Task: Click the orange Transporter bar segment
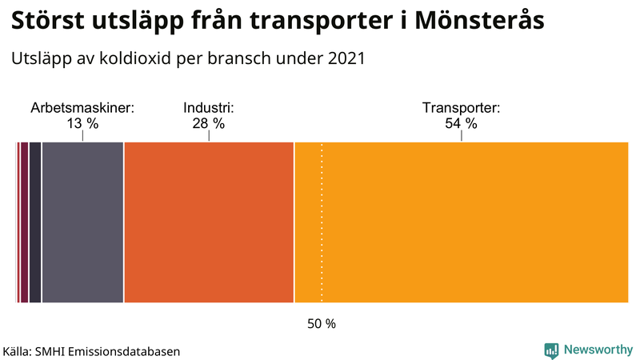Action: coord(472,222)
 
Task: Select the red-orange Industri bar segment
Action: coord(209,222)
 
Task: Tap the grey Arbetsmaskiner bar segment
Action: coord(82,222)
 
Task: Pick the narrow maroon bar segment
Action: coord(24,222)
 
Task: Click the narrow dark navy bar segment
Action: coord(35,222)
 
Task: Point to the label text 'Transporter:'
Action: coord(461,108)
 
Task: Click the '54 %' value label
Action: coord(461,123)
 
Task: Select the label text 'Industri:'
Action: coord(208,108)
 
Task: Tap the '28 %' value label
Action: coord(208,123)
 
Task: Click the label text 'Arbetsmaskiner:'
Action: coord(82,108)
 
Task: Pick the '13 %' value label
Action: coord(82,123)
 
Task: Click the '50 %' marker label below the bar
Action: coord(322,324)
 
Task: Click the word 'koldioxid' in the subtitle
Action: coord(134,58)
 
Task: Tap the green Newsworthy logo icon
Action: coord(551,350)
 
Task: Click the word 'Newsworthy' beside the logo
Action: coord(598,350)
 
